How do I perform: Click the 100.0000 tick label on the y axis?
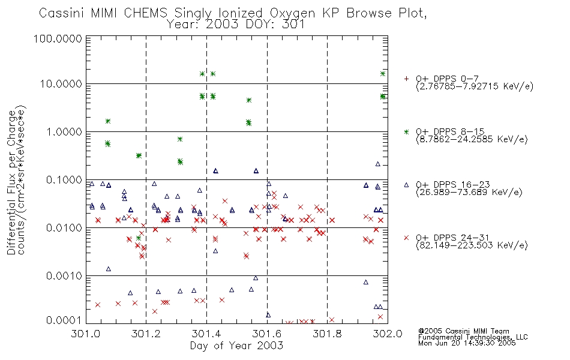click(x=58, y=38)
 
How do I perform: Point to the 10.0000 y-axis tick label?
click(x=61, y=84)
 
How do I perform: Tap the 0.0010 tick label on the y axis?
click(x=64, y=276)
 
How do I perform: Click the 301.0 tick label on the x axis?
click(x=86, y=334)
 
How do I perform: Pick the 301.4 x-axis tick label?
click(x=206, y=334)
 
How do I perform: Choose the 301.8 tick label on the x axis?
click(x=327, y=334)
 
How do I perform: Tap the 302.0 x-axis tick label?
click(x=388, y=334)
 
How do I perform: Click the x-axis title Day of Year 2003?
click(x=236, y=346)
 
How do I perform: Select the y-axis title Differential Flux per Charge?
click(x=11, y=182)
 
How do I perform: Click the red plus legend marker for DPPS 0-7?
click(x=406, y=79)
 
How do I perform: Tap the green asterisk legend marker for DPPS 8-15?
click(x=406, y=131)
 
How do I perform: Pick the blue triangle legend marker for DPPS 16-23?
click(x=406, y=185)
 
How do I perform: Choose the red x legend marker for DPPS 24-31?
click(x=406, y=238)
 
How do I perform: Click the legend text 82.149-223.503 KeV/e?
click(x=472, y=245)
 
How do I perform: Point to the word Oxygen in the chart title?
click(x=292, y=13)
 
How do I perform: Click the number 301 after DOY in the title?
click(x=294, y=25)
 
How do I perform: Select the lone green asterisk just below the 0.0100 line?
click(x=139, y=238)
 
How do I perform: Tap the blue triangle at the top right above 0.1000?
click(x=377, y=164)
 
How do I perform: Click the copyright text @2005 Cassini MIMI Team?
click(x=463, y=331)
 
